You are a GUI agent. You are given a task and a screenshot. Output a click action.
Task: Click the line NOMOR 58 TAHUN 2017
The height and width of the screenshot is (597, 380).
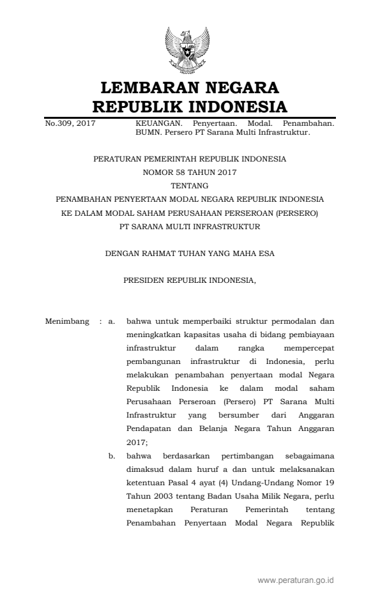190,171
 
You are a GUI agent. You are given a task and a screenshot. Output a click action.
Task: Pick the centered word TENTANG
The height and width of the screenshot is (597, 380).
190,185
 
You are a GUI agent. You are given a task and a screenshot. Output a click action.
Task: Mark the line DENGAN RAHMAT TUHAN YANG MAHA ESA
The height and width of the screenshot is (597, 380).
190,253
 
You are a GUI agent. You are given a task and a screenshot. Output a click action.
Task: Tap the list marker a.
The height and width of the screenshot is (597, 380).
112,321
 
